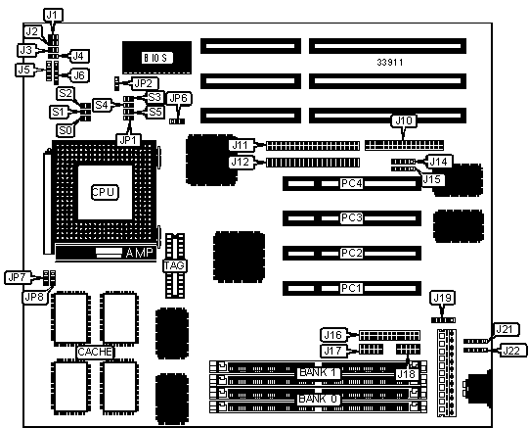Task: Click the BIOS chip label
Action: (x=157, y=58)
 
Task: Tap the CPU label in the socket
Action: (x=105, y=192)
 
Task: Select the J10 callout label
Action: (x=404, y=120)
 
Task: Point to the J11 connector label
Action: (x=241, y=145)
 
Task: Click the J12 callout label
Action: (x=241, y=163)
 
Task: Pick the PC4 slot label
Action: (x=352, y=183)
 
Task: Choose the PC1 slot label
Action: (x=351, y=288)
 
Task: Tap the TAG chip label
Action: (x=174, y=265)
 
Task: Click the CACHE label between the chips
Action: (x=95, y=352)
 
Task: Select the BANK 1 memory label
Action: (x=318, y=372)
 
